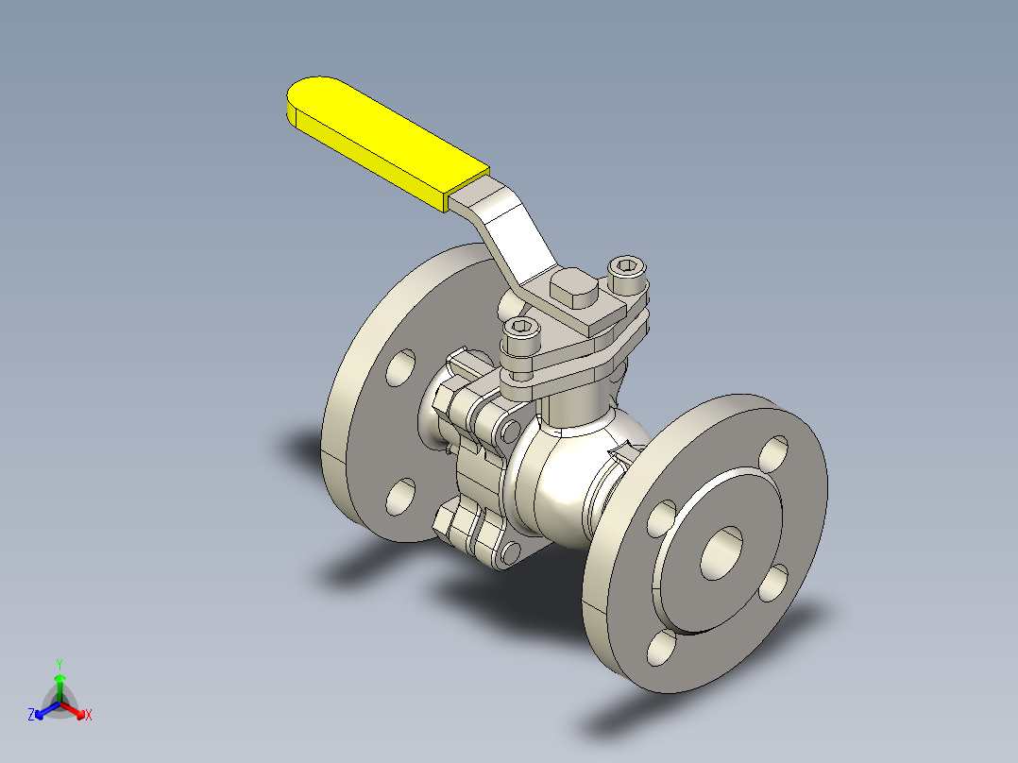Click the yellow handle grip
point(387,143)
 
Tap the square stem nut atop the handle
point(574,288)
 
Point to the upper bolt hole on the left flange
point(400,367)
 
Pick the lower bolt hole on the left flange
point(400,498)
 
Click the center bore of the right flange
point(721,552)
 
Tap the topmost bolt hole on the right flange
point(773,453)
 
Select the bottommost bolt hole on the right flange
point(662,648)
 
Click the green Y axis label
point(59,664)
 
